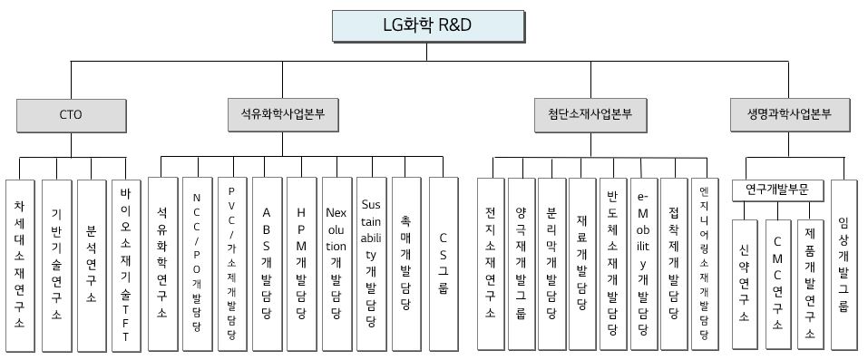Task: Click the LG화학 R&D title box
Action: (x=434, y=24)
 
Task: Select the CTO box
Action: (x=72, y=114)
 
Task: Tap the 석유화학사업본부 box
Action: (x=282, y=114)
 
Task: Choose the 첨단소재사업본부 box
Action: (x=590, y=114)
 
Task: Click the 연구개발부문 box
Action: (x=776, y=190)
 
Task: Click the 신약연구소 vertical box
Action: (x=744, y=283)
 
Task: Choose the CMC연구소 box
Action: (x=777, y=283)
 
